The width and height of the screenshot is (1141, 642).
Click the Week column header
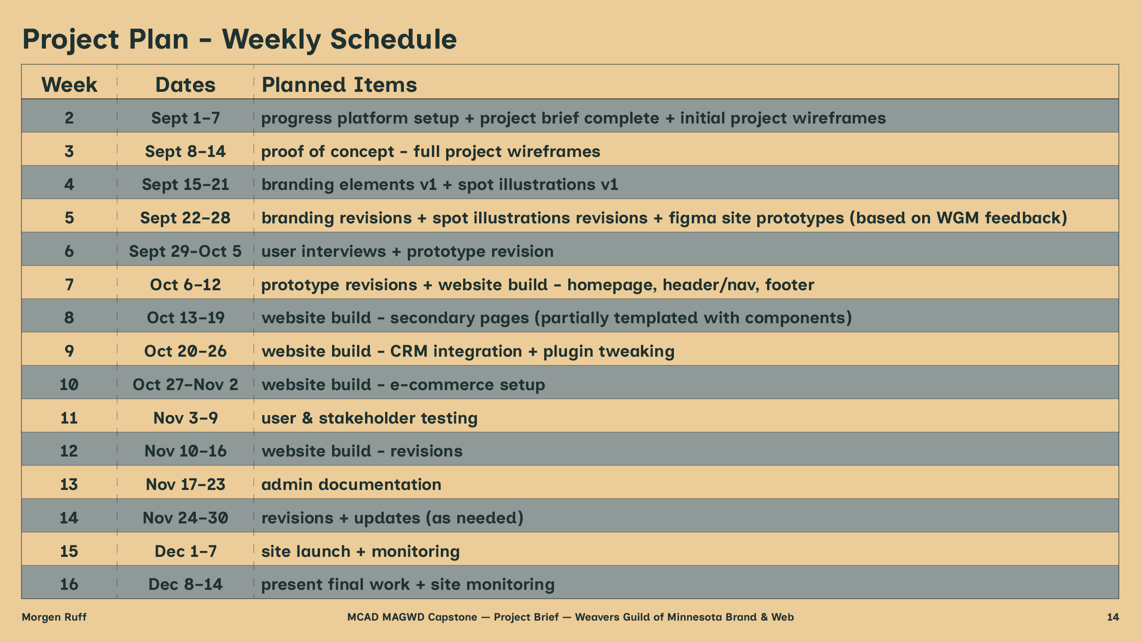point(69,84)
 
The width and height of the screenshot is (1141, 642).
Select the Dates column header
point(185,84)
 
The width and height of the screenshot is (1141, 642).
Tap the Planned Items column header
point(339,84)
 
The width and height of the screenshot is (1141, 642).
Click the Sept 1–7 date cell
point(185,118)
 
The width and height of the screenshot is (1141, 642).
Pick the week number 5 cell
point(69,218)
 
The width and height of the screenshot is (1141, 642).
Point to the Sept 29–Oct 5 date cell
point(185,251)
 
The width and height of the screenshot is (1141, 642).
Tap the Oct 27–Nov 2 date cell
point(185,384)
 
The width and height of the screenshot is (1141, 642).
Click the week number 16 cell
point(69,584)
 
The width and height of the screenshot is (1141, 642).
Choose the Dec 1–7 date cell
point(185,551)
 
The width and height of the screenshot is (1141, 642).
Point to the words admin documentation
point(351,484)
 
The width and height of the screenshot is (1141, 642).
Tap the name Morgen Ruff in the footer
point(54,617)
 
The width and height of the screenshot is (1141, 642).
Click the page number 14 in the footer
point(1113,617)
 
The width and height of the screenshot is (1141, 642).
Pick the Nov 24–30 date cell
point(185,518)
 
